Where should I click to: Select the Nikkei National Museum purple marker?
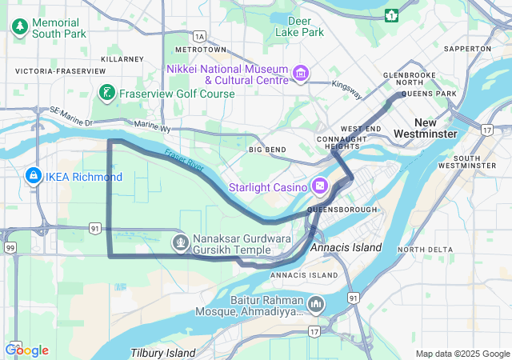301,75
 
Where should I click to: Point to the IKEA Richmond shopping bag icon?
33,175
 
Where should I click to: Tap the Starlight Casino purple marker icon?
320,186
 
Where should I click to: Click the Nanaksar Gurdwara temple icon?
181,240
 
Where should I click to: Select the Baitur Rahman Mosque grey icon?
317,304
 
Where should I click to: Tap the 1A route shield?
199,36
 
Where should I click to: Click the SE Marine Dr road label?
71,114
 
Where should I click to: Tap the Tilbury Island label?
163,353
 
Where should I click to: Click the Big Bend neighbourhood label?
267,150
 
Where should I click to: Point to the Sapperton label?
467,49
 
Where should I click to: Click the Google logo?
27,350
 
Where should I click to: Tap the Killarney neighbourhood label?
122,58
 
